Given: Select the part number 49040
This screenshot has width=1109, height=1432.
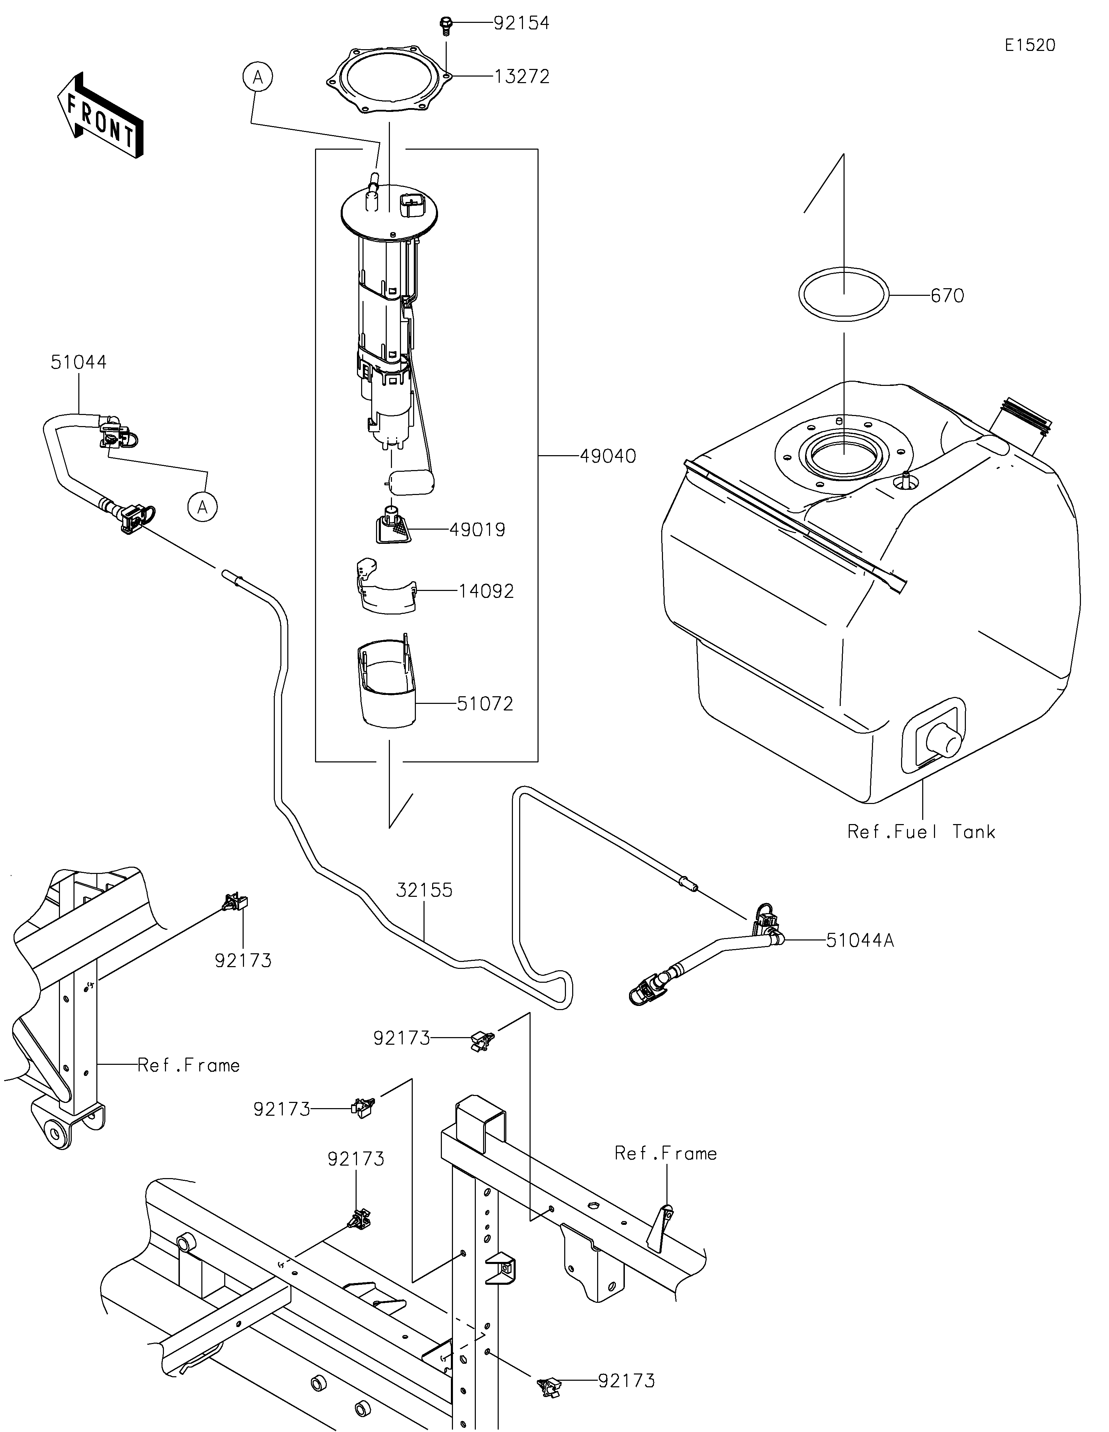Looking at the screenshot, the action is point(608,456).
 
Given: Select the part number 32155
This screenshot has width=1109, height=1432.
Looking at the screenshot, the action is point(424,890).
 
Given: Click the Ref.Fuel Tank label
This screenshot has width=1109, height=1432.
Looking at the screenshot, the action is point(922,832).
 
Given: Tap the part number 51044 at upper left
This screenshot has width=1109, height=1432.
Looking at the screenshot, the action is point(79,362).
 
